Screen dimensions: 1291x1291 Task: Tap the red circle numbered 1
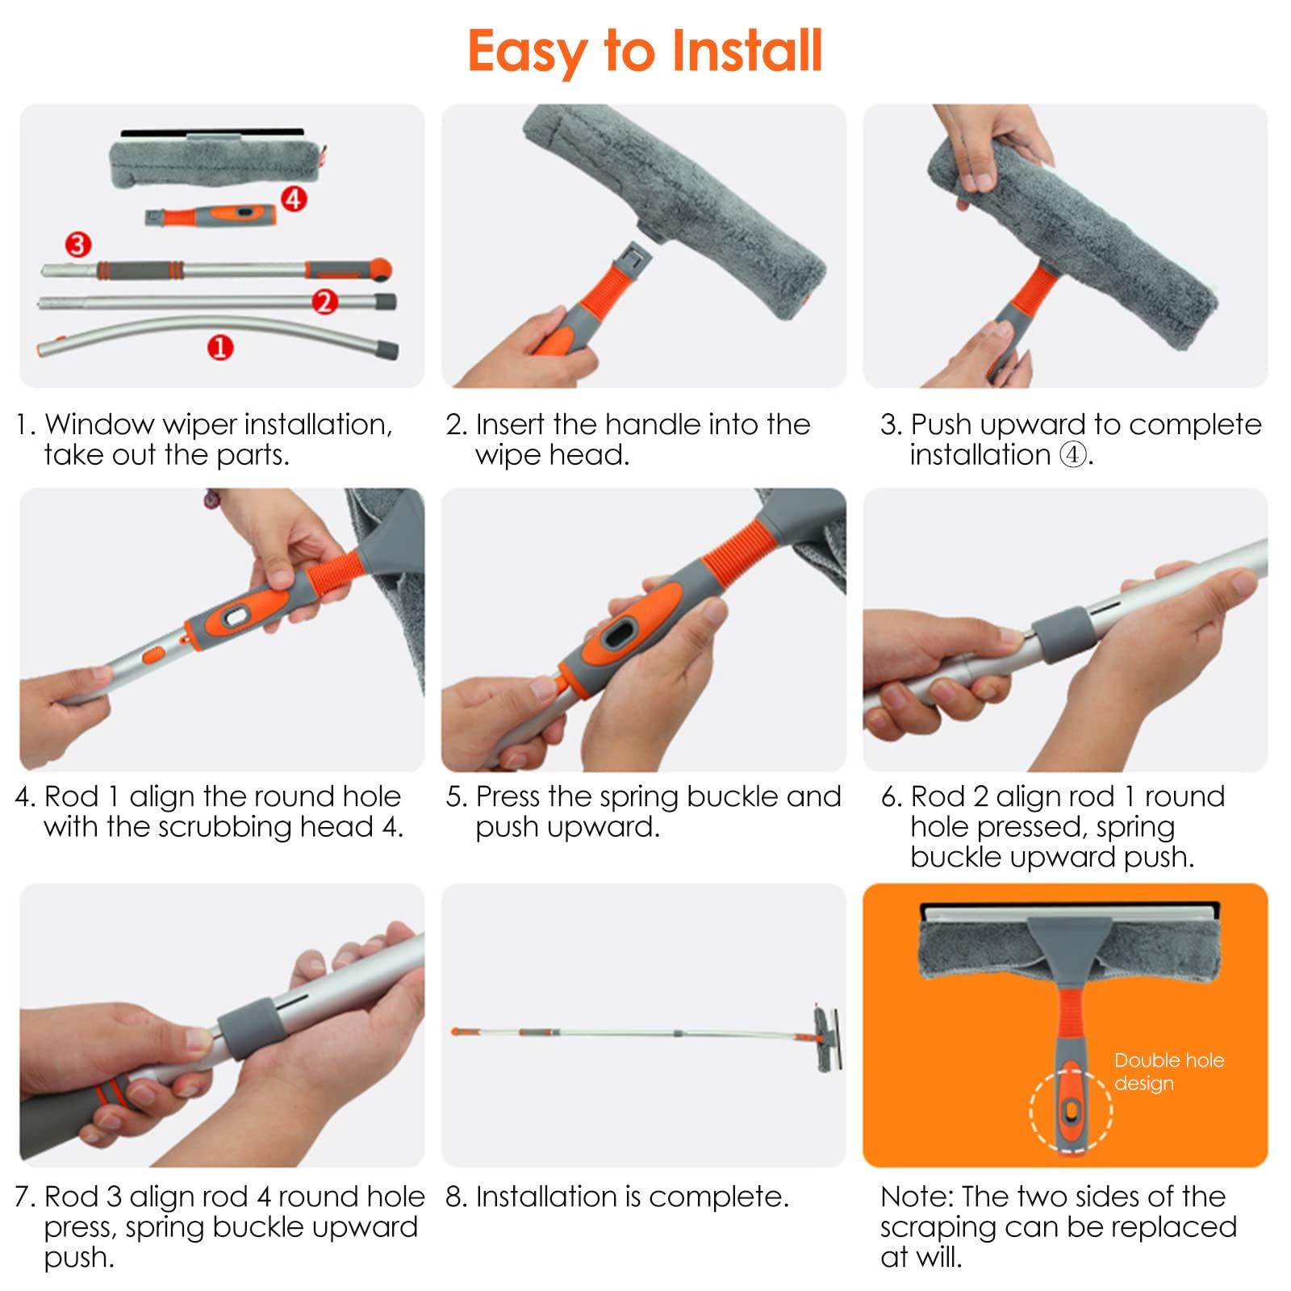[x=219, y=348]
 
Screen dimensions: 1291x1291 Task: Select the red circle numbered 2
[x=324, y=302]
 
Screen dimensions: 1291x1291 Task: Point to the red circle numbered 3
[x=77, y=244]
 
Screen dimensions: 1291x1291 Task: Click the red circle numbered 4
[x=294, y=198]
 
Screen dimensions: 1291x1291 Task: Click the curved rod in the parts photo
[x=161, y=333]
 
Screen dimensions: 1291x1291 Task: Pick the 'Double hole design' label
[x=1168, y=1072]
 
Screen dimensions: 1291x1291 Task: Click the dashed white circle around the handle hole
[x=1071, y=1112]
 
